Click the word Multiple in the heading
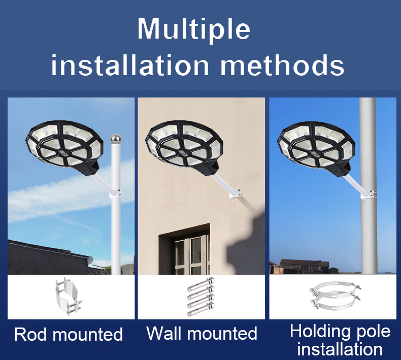click(x=194, y=28)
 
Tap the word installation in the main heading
click(x=130, y=64)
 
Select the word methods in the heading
click(x=282, y=64)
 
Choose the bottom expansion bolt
click(x=201, y=310)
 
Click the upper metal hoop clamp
click(x=335, y=289)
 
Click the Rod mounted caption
click(x=69, y=334)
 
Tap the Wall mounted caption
click(x=202, y=333)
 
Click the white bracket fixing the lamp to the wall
click(x=235, y=193)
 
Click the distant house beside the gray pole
click(x=305, y=266)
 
